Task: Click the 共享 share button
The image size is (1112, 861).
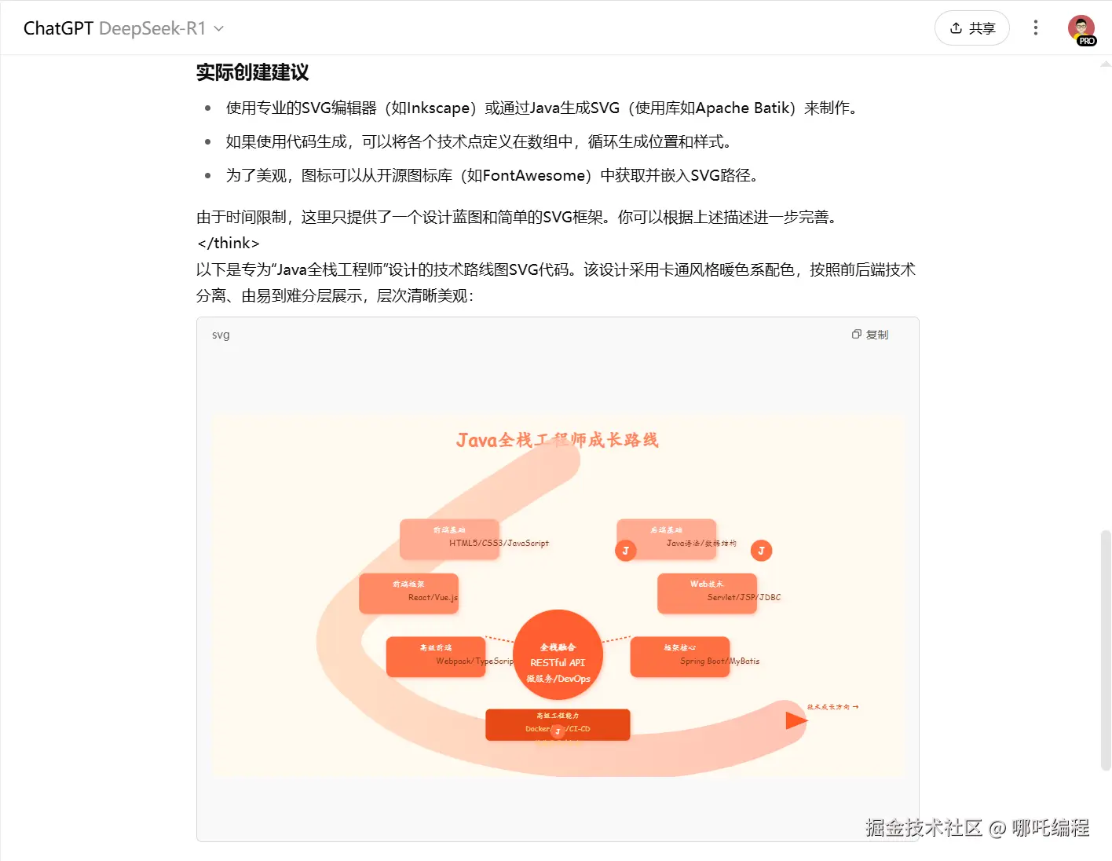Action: coord(971,28)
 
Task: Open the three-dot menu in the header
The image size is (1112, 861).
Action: coord(1036,28)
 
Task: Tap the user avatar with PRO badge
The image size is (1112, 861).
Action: coord(1081,29)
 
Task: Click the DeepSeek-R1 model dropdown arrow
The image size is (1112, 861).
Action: coord(219,29)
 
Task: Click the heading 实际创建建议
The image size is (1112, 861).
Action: coord(252,72)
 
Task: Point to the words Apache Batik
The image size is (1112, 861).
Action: coord(742,108)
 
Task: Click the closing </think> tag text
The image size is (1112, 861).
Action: coord(229,243)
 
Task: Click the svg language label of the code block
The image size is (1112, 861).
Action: coord(221,335)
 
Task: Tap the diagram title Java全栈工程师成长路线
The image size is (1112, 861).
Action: coord(557,440)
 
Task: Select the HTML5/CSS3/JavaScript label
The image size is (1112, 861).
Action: coord(499,543)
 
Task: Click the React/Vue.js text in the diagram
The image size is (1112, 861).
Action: coord(433,597)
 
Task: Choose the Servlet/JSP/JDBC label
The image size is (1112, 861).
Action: coord(744,597)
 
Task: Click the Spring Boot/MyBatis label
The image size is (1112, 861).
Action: coord(719,661)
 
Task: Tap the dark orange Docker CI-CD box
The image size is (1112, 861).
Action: coord(558,724)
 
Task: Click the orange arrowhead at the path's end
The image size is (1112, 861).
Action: coord(796,720)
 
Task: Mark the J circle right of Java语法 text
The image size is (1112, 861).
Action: coord(761,551)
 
